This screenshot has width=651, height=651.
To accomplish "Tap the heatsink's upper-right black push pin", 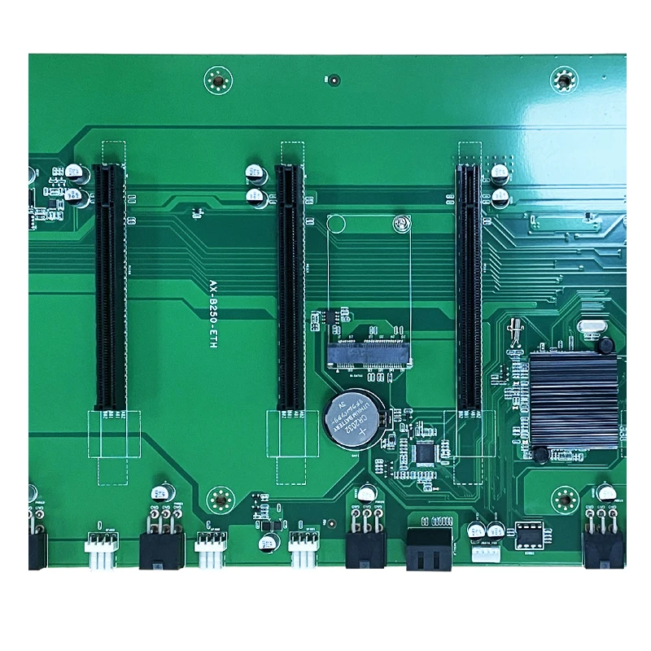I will click(605, 346).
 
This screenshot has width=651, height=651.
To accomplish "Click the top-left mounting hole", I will click(217, 80).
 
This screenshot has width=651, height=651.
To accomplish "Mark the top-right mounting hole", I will click(562, 80).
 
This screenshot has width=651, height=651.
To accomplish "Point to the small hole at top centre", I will click(334, 80).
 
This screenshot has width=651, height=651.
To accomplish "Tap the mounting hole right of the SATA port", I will click(564, 500).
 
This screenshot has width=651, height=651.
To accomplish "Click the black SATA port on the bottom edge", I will click(429, 548).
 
